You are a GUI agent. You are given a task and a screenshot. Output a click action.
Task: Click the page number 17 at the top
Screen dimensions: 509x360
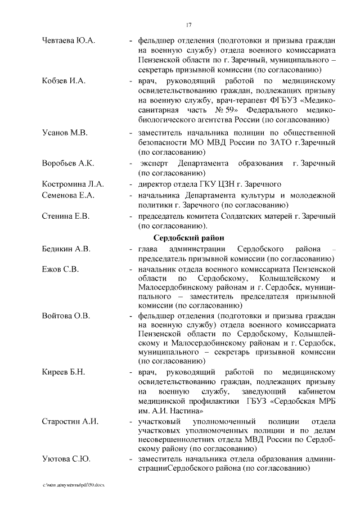coord(189,24)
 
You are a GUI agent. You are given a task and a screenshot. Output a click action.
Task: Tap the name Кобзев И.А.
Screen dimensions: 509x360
coord(64,82)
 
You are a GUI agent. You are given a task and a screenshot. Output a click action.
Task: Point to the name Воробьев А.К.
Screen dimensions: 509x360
coord(67,163)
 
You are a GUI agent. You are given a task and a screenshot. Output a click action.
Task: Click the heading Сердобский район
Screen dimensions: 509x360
coord(189,237)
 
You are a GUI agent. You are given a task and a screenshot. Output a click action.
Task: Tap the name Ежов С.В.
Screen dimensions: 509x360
coord(60,269)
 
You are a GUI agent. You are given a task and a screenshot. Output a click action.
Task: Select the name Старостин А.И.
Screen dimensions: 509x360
coord(70,422)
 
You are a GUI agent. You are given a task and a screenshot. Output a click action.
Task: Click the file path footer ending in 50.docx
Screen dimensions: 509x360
coord(74,485)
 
